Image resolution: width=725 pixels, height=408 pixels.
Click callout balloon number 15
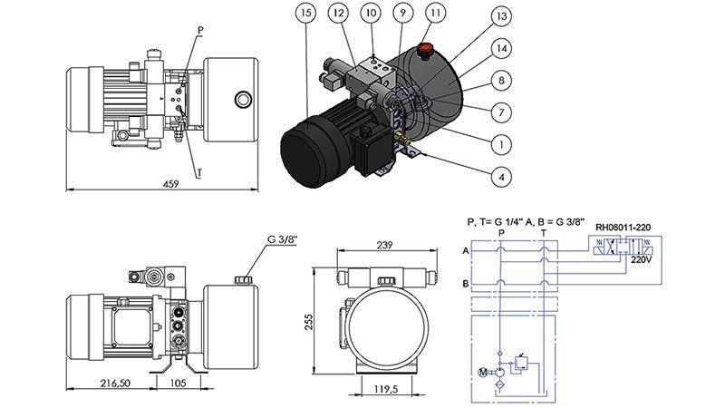coord(309,14)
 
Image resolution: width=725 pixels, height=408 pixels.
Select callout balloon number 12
coord(337,14)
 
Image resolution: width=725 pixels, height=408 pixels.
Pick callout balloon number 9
coord(402,14)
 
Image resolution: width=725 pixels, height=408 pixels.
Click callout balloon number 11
coord(437,14)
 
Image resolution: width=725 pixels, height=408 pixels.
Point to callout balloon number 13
coord(499,16)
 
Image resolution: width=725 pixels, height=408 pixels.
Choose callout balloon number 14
coord(499,48)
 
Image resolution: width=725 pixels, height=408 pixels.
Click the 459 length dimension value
coord(170,183)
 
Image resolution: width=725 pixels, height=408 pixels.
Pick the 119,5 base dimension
coord(387,390)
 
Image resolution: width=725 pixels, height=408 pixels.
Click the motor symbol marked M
coord(482,371)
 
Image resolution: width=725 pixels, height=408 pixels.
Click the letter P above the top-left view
coord(199,30)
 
